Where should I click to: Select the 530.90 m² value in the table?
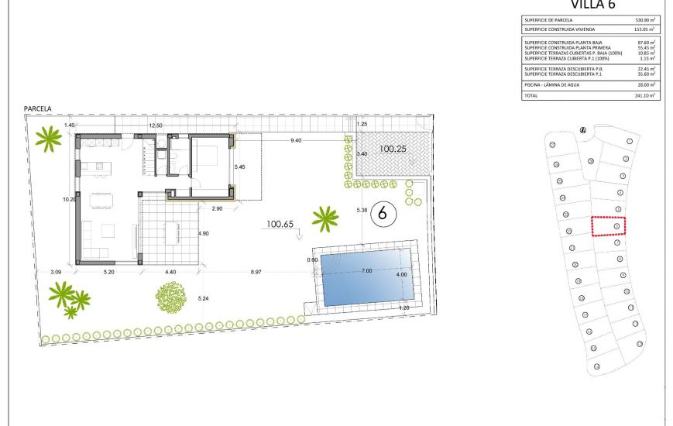coord(644,20)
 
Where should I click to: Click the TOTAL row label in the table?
coord(531,95)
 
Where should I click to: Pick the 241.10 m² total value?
coord(644,95)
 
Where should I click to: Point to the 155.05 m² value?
coord(644,29)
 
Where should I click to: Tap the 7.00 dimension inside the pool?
coord(366,270)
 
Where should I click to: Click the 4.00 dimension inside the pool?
coord(401,275)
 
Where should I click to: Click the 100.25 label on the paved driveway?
coord(393,149)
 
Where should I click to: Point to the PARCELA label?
coord(38,110)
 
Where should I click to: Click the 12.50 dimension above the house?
coord(156,125)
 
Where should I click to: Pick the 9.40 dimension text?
coord(297,140)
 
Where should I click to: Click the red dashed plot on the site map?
coord(609,225)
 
